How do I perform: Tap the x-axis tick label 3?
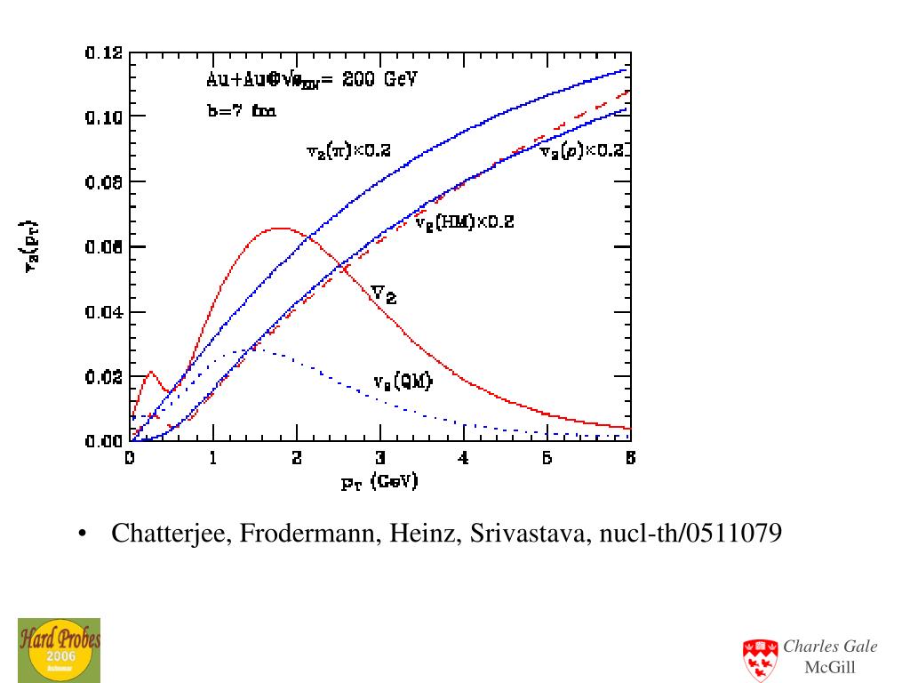[x=380, y=460]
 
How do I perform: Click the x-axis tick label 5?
[x=547, y=460]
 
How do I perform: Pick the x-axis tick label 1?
[x=213, y=460]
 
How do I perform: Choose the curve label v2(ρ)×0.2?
[x=584, y=151]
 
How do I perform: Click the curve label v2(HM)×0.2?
[x=465, y=222]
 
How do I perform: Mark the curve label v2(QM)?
[x=403, y=382]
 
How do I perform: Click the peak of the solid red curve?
[x=280, y=229]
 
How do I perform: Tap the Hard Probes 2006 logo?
[x=59, y=649]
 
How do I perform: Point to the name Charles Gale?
[x=830, y=647]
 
